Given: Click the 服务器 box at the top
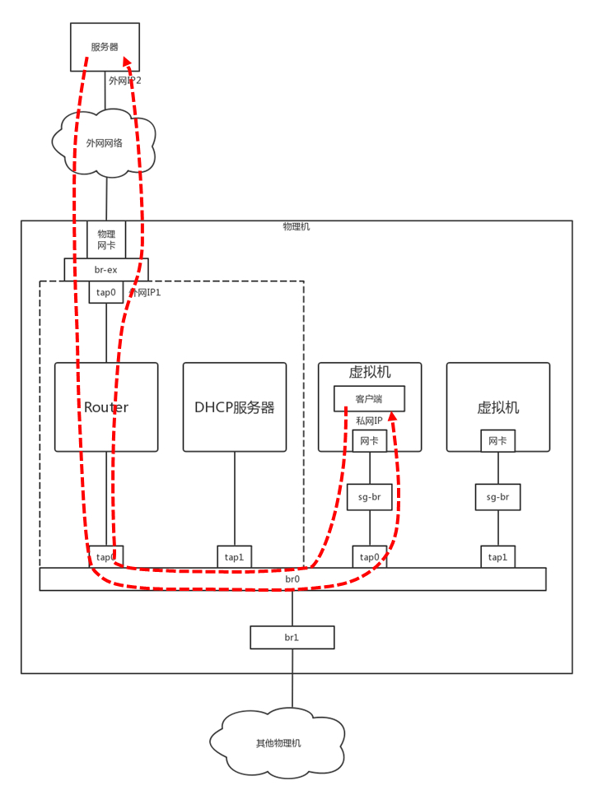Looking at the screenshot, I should (105, 47).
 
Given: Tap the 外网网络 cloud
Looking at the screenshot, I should (105, 143).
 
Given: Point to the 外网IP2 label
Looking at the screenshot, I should (125, 81).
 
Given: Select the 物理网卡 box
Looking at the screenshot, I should (106, 239).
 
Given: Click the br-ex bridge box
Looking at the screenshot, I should (106, 270).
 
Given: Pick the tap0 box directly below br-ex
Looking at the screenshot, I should (106, 292).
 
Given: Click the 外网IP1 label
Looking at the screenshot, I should (146, 292).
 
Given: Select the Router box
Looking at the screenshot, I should (106, 407).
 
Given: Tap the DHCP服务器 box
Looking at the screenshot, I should (235, 407).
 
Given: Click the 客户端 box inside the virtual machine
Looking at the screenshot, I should (369, 399).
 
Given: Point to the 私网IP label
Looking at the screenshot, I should (369, 421).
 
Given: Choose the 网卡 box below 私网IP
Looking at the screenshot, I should (369, 441).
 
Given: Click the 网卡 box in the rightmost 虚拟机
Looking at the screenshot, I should (497, 441).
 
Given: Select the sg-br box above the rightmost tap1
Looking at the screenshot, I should (497, 497).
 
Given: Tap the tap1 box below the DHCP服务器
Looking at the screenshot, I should (235, 557).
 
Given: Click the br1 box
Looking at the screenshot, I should (292, 638).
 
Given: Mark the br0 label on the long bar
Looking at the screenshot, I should (292, 579).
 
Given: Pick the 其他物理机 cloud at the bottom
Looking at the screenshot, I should (278, 743).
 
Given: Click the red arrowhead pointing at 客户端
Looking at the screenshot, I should (393, 416).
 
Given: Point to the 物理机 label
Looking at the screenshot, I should (296, 226).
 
